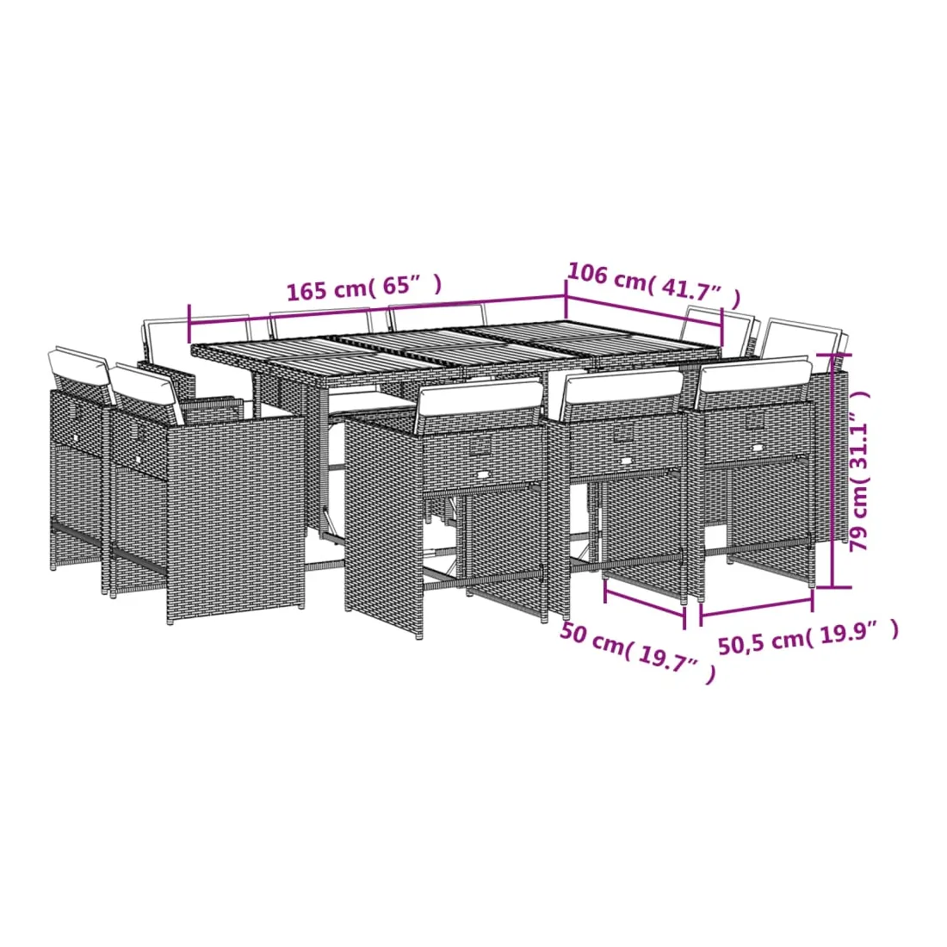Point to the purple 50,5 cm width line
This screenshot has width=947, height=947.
pyautogui.click(x=756, y=608)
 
